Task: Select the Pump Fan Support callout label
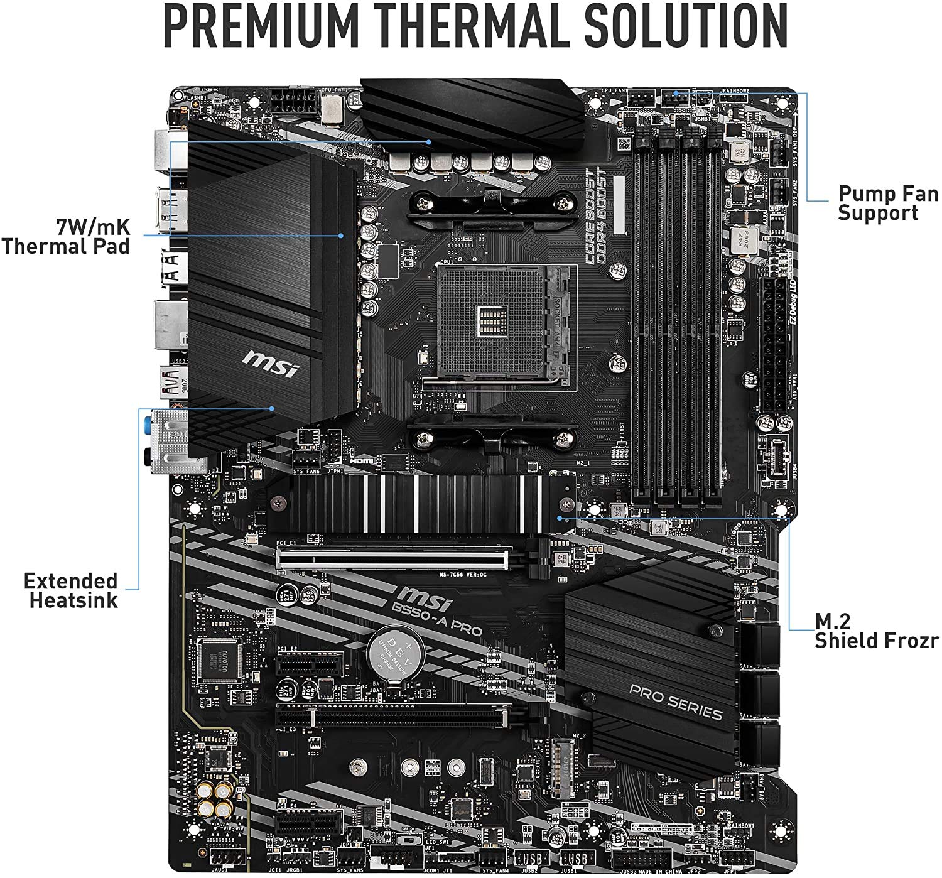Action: [887, 203]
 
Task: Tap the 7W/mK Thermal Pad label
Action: [66, 235]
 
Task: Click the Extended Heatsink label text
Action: [71, 590]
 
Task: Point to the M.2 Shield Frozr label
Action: [876, 631]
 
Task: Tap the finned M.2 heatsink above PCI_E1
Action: [421, 501]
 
